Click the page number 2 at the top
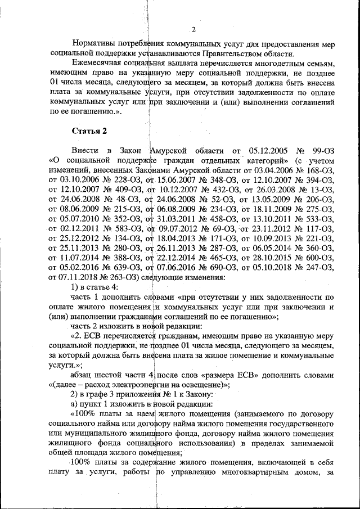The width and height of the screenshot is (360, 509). (x=193, y=30)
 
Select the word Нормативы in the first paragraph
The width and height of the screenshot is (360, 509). (x=94, y=44)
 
